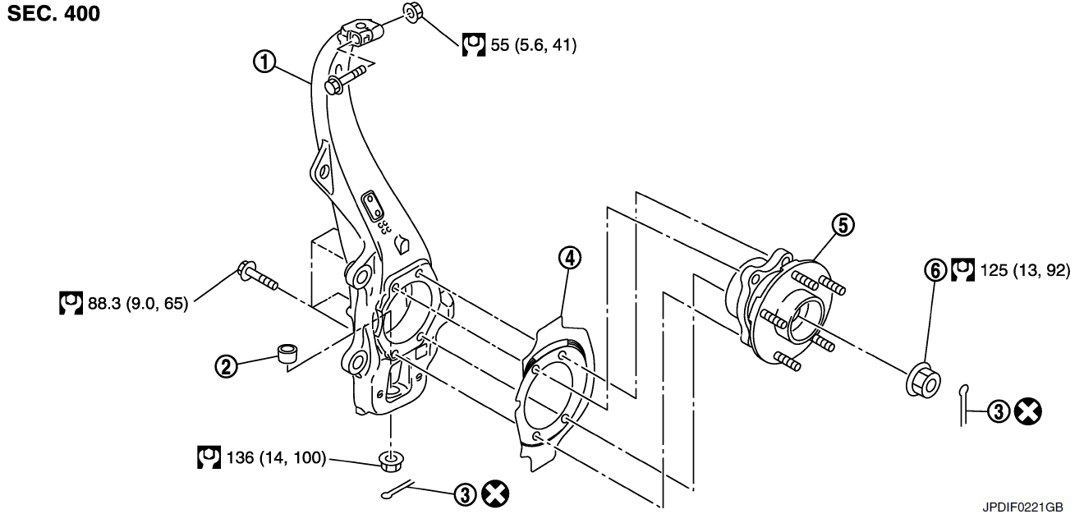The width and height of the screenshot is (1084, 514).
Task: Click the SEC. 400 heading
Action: tap(54, 13)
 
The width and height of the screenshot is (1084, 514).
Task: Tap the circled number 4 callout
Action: tap(569, 258)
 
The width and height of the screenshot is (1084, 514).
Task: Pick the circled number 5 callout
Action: tap(843, 224)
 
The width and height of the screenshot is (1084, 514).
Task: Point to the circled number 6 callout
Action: tap(935, 269)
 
